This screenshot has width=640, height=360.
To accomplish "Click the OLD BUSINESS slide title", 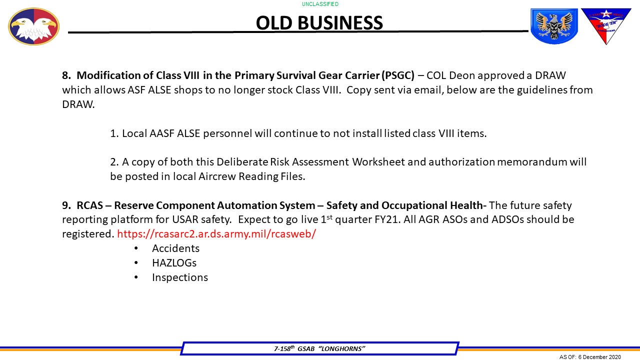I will click(319, 23).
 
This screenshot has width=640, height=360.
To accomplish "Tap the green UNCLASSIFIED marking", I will click(320, 4).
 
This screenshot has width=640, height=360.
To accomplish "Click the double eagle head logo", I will click(33, 26).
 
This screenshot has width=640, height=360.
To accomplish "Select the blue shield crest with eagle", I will click(553, 26).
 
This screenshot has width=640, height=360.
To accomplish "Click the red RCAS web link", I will click(216, 233).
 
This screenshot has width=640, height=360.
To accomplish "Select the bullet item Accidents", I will click(175, 248).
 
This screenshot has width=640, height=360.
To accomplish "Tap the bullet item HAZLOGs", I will click(174, 263).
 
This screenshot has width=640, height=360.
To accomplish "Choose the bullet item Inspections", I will click(180, 277).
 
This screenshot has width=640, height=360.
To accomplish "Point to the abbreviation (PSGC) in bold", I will click(398, 75).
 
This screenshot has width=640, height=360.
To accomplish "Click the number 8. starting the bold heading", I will click(66, 75).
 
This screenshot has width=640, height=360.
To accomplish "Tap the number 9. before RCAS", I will click(66, 205).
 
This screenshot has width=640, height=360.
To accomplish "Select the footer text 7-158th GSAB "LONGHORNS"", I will click(319, 348).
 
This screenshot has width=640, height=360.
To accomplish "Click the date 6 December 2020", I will click(599, 357).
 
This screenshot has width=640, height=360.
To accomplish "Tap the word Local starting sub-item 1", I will click(134, 133).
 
